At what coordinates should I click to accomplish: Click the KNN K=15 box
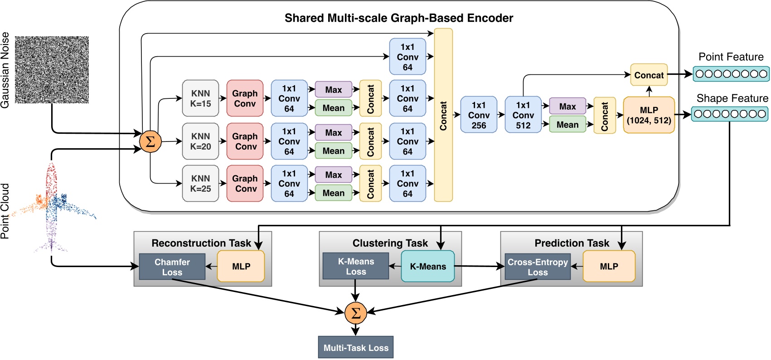tap(200, 98)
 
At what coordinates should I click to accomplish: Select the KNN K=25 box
tap(200, 183)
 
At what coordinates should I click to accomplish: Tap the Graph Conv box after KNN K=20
tap(245, 141)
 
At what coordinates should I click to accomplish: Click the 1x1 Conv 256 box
tap(479, 115)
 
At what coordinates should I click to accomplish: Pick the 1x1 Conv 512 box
tap(523, 115)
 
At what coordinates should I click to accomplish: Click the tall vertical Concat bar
tap(443, 115)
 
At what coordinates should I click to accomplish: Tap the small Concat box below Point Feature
tap(649, 75)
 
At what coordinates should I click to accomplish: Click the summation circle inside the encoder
tap(150, 141)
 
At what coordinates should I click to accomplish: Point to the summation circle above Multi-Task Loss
tap(355, 313)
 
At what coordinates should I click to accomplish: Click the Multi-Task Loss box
tap(355, 347)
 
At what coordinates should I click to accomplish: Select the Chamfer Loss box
tap(172, 267)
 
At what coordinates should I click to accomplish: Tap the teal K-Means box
tap(428, 266)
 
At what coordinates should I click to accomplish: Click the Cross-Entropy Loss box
tap(538, 267)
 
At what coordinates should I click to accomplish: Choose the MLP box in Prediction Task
tap(609, 266)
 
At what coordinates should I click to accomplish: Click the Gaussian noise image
tap(52, 70)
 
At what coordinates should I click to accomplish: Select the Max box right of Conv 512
tap(567, 106)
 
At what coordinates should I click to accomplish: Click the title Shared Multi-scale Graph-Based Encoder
tap(398, 18)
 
